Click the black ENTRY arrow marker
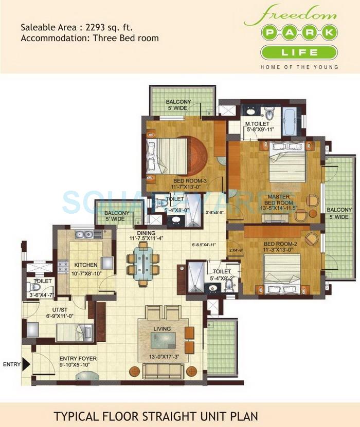(26, 365)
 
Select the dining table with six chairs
(143, 264)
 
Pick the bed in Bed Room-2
(281, 272)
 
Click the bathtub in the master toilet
(290, 121)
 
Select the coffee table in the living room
(163, 340)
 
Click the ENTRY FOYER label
(78, 358)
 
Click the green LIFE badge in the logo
(299, 52)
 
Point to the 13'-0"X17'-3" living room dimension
(163, 357)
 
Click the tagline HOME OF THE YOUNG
(299, 67)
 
